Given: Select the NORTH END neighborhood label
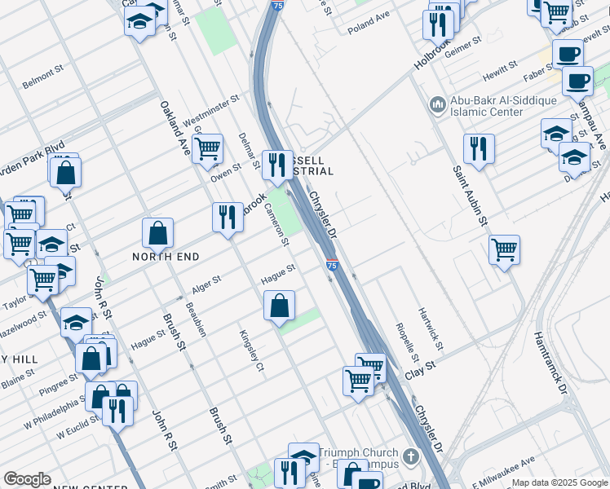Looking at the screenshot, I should point(166,256).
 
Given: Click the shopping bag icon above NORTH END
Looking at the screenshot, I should point(157,233).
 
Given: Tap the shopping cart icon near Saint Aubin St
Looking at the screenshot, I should point(505,249).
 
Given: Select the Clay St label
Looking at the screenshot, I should point(421,375).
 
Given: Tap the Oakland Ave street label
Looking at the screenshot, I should point(175,129).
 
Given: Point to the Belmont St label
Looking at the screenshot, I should point(42,81).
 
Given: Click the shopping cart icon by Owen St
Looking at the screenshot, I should point(208,148).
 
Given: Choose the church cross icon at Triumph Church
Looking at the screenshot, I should point(413,457).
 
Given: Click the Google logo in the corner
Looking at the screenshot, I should point(27,479).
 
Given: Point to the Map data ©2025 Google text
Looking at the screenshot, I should point(559,482).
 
